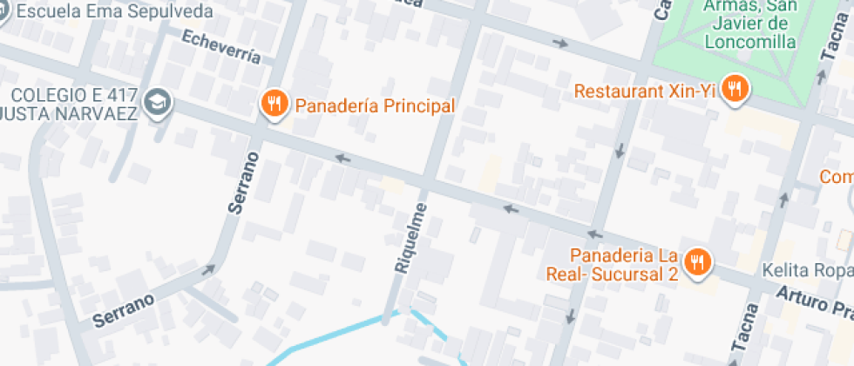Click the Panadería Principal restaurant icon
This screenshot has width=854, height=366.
pos(274,105)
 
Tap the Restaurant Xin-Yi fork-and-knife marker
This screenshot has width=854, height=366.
pos(736,88)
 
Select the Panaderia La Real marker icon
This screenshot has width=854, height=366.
pos(696,263)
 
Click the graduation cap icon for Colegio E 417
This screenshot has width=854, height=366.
pos(158,103)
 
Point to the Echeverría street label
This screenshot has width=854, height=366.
pos(221,47)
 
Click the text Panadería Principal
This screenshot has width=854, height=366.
pos(375,105)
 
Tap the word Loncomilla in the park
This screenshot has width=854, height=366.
pos(750,41)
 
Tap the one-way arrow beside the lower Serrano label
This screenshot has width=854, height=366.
pos(208,270)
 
